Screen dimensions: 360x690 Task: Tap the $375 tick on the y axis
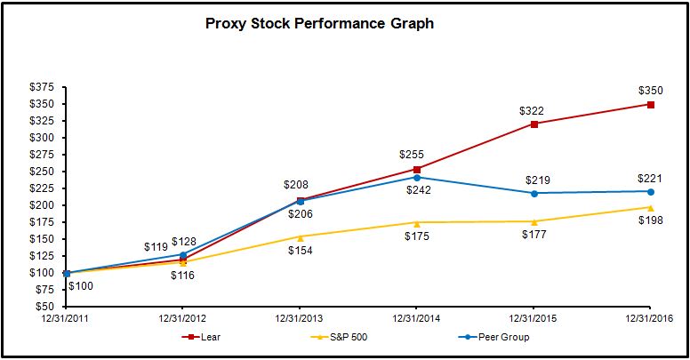click(41, 87)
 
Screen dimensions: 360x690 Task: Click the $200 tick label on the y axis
click(41, 205)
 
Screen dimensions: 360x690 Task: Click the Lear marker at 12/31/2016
click(650, 104)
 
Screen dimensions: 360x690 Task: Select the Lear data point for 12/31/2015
click(534, 124)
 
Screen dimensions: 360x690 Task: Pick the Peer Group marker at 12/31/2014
click(416, 178)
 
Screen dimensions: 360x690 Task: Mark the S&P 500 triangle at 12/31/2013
click(300, 237)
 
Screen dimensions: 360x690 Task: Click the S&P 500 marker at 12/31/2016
click(650, 207)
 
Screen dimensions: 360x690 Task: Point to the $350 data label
click(650, 91)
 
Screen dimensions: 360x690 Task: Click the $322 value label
click(533, 110)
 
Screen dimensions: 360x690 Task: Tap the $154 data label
click(299, 252)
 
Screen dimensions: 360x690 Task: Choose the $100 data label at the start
click(81, 286)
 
